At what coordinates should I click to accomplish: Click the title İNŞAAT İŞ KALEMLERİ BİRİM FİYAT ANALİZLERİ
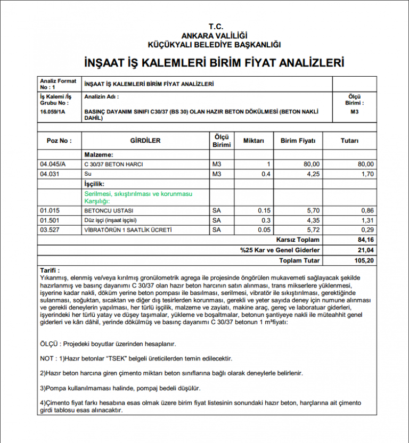(214, 63)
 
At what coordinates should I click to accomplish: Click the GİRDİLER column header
(145, 141)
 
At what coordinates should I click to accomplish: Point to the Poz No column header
(59, 141)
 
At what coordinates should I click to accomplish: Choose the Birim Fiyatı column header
(298, 141)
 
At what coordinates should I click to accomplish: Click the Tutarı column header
(349, 141)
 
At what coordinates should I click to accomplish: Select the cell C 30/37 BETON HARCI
(113, 164)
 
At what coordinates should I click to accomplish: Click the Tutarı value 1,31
(366, 220)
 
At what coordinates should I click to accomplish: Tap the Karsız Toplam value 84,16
(364, 240)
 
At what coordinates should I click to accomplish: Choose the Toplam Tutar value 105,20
(363, 260)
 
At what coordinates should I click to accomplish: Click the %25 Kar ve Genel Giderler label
(280, 250)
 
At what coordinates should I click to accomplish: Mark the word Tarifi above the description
(50, 270)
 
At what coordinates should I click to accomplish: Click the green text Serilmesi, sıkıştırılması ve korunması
(138, 194)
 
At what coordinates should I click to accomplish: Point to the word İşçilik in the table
(94, 184)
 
